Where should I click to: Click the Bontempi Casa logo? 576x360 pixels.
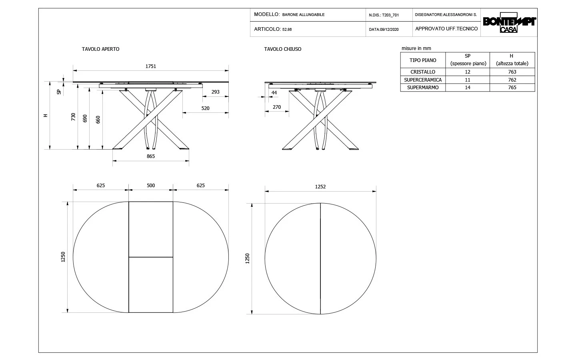point(509,24)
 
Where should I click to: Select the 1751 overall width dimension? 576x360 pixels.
point(150,66)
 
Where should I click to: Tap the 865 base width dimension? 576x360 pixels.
point(150,156)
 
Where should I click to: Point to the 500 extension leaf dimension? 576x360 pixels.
point(150,186)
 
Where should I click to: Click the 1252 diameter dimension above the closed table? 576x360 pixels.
point(320,187)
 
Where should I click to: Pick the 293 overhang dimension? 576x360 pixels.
point(216,92)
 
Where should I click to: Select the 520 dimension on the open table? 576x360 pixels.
point(205,108)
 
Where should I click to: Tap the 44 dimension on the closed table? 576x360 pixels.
point(274,93)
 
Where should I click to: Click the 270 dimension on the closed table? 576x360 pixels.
point(276,107)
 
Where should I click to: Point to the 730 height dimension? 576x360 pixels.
point(73,117)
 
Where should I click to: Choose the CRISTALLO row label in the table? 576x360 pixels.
point(423,72)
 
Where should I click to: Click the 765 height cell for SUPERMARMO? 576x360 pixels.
point(512,88)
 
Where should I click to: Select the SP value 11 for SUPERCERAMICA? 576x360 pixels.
point(468,80)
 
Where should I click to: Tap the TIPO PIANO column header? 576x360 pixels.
point(423,60)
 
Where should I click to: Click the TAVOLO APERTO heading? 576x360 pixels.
point(100,49)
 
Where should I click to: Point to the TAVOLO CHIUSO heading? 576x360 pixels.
point(282,49)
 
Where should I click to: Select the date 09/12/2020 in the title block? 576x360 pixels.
point(384,29)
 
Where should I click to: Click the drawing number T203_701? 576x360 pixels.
point(390,15)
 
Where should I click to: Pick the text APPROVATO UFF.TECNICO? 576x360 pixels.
point(446,29)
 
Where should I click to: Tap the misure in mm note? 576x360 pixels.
point(416,48)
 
